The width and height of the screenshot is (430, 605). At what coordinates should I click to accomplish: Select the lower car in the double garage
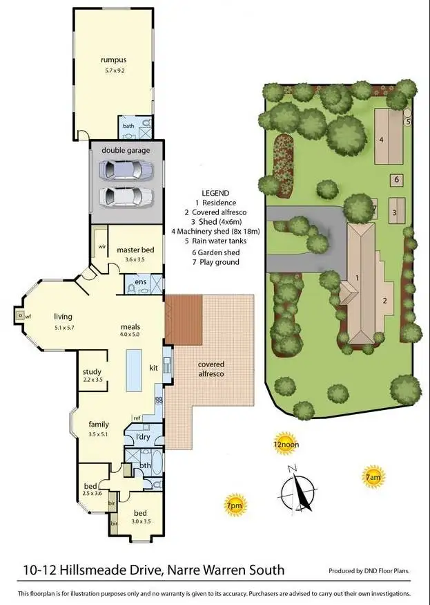pyautogui.click(x=126, y=196)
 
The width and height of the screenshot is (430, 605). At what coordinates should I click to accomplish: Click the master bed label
pyautogui.click(x=139, y=250)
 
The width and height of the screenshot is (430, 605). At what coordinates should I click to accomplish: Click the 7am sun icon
pyautogui.click(x=372, y=476)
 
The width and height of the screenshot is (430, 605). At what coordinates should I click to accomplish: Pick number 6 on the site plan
pyautogui.click(x=396, y=180)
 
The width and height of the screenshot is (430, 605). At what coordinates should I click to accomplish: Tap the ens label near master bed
pyautogui.click(x=140, y=282)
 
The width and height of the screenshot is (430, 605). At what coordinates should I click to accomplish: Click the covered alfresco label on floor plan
pyautogui.click(x=211, y=369)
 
